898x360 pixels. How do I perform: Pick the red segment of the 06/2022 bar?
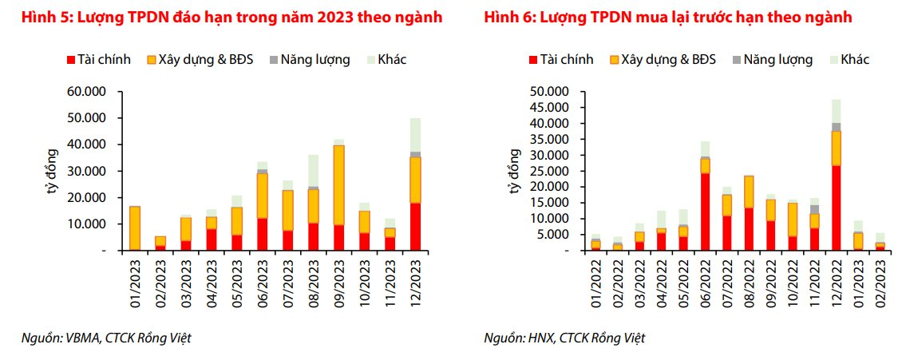click(705, 212)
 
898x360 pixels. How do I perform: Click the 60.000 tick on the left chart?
click(89, 92)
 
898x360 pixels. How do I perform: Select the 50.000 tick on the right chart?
click(547, 92)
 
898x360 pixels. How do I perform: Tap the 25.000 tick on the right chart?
click(547, 171)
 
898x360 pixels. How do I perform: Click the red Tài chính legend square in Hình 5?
click(71, 60)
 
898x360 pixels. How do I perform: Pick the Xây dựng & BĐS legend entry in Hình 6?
click(663, 60)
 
